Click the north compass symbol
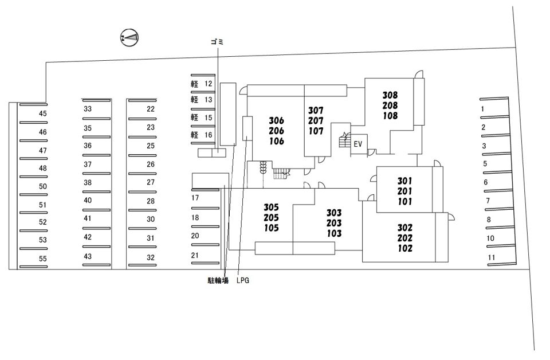click(130, 38)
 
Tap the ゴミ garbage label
click(218, 42)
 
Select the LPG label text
click(243, 281)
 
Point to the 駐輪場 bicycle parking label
click(218, 281)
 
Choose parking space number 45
click(43, 114)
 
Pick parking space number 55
click(43, 258)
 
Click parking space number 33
click(88, 109)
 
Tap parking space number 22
click(151, 109)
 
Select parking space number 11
click(491, 258)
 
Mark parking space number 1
click(483, 109)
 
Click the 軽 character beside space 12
click(194, 84)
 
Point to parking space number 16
click(209, 135)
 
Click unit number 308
click(390, 96)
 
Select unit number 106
click(276, 142)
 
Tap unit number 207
click(316, 120)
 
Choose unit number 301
click(405, 181)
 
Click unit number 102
click(405, 249)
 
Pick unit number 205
click(271, 218)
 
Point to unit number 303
click(334, 213)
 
